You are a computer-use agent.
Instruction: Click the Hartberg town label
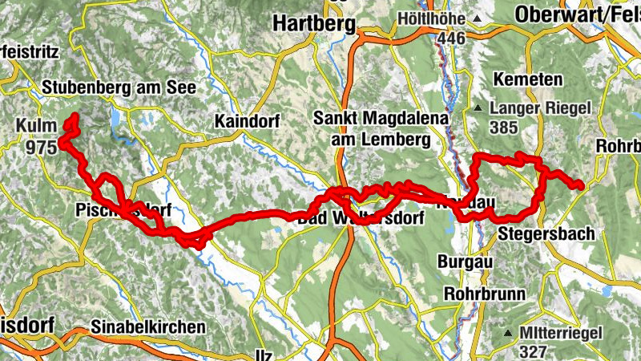coord(314,24)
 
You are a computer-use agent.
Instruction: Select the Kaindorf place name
coord(246,121)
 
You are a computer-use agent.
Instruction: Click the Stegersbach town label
coord(546,234)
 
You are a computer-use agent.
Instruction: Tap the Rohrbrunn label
coord(485,293)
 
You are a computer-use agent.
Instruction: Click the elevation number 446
coord(452,38)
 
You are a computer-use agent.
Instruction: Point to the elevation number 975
coord(41,147)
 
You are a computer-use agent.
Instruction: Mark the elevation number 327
coord(533,351)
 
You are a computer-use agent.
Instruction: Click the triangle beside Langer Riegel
coord(478,107)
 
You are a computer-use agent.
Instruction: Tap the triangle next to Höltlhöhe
coord(478,18)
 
